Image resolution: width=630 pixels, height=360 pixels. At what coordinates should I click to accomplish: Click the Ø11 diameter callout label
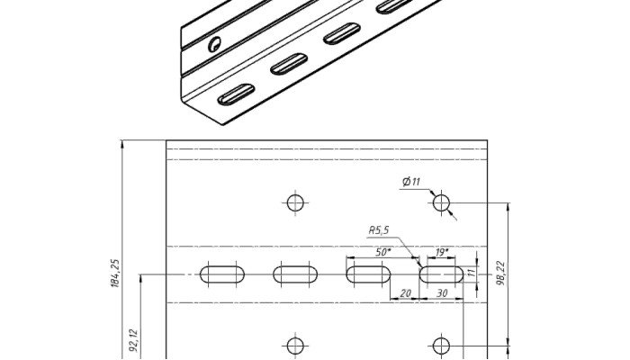click(411, 182)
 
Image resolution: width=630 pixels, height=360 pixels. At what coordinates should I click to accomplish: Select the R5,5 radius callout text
click(379, 230)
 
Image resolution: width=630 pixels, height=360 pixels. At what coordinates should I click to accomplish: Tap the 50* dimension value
click(382, 252)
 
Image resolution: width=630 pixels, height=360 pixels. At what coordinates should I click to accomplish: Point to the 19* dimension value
click(442, 252)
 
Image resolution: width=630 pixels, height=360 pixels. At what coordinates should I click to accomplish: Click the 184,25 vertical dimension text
click(115, 274)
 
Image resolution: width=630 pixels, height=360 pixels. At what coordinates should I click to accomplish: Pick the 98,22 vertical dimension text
click(501, 274)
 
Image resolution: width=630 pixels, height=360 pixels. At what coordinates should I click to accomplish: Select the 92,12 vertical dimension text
click(135, 341)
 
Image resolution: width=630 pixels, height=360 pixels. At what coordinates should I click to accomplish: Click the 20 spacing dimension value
click(406, 293)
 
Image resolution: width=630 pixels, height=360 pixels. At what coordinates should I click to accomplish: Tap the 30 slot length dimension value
click(442, 293)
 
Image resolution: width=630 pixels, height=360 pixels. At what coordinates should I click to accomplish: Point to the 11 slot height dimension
click(472, 272)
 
